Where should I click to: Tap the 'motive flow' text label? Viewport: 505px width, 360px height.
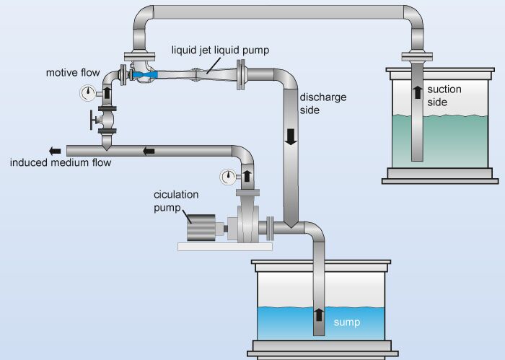pyautogui.click(x=73, y=73)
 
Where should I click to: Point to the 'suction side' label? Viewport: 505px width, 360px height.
pyautogui.click(x=444, y=96)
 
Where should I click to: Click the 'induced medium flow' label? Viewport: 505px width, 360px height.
pyautogui.click(x=61, y=162)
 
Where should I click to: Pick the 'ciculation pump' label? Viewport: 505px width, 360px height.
pyautogui.click(x=175, y=201)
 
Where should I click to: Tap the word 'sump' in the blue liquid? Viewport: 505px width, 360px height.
pyautogui.click(x=346, y=322)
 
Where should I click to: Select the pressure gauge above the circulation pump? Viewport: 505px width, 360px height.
pyautogui.click(x=228, y=175)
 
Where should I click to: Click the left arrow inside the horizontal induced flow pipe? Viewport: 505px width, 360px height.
pyautogui.click(x=149, y=151)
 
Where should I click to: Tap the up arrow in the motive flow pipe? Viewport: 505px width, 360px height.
pyautogui.click(x=108, y=92)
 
